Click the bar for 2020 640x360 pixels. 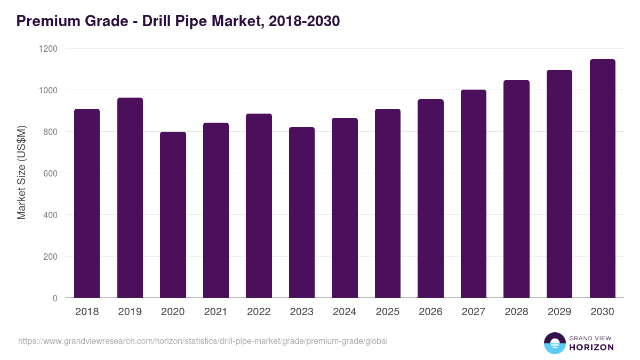pyautogui.click(x=173, y=214)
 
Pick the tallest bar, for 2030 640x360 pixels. pyautogui.click(x=602, y=179)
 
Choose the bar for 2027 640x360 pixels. pyautogui.click(x=474, y=194)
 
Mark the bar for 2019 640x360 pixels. pyautogui.click(x=130, y=198)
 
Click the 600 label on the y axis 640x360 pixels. pyautogui.click(x=51, y=173)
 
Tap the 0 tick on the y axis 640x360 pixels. pyautogui.click(x=55, y=298)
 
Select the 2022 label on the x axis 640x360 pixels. pyautogui.click(x=259, y=312)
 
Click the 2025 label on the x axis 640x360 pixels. pyautogui.click(x=387, y=312)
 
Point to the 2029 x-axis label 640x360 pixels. pyautogui.click(x=559, y=312)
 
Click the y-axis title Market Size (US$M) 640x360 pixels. pyautogui.click(x=22, y=173)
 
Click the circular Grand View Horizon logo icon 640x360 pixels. pyautogui.click(x=554, y=343)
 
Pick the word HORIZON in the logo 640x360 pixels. pyautogui.click(x=591, y=347)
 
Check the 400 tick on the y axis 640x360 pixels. pyautogui.click(x=51, y=215)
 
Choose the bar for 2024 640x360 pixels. pyautogui.click(x=345, y=208)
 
